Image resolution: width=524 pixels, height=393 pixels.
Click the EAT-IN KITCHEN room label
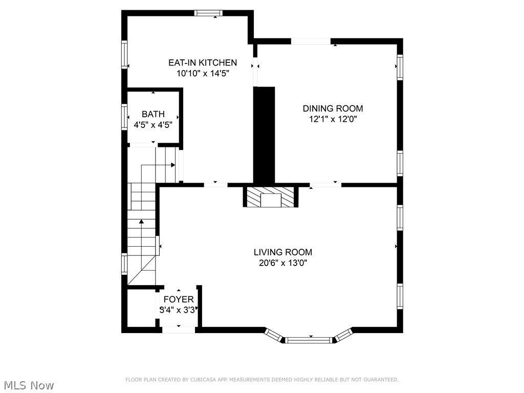pos(203,62)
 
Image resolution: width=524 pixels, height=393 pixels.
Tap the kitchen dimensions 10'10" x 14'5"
pos(203,73)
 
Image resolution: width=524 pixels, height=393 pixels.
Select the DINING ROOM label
pos(333,108)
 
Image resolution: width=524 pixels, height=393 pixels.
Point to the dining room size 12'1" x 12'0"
pos(333,119)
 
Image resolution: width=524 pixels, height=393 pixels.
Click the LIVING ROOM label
pos(282,252)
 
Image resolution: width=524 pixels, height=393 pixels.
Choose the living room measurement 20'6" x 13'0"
pos(282,263)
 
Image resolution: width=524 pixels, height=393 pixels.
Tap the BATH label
pos(153,114)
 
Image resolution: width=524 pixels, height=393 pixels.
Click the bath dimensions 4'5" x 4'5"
pos(153,125)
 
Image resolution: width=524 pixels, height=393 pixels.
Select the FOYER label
pos(178,299)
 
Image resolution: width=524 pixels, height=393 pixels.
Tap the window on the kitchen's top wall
pos(209,13)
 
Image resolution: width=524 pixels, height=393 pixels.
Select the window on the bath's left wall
pos(124,117)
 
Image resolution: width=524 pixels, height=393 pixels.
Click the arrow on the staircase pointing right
pos(173,165)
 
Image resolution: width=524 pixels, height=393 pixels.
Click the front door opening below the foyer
pos(178,330)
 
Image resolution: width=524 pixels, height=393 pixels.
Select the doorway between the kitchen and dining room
pos(255,65)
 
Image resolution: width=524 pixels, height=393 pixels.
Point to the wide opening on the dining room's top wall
pos(311,41)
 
